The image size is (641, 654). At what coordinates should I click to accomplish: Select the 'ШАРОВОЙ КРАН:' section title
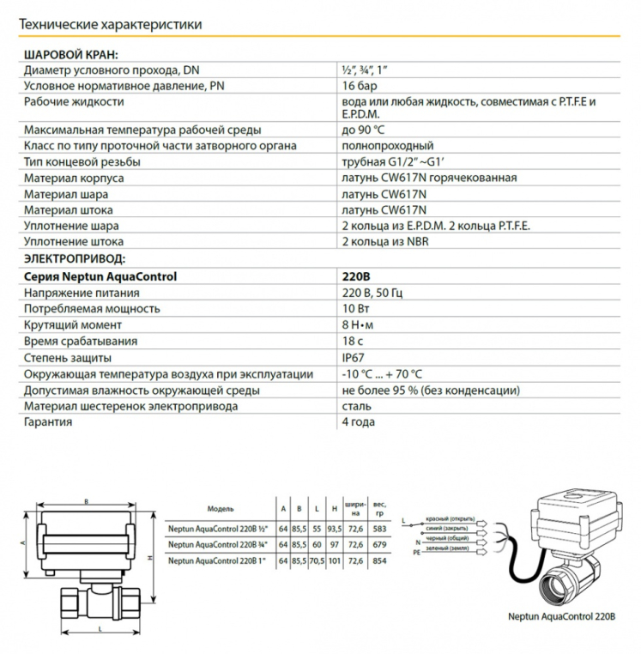(x=71, y=54)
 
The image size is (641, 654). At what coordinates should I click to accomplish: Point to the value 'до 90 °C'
(x=364, y=130)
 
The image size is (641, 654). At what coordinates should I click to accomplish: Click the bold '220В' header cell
(x=356, y=276)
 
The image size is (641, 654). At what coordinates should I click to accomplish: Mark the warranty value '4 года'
(x=359, y=421)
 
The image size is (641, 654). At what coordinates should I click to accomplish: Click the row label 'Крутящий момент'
(x=73, y=325)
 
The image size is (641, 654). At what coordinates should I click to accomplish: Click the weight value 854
(x=380, y=561)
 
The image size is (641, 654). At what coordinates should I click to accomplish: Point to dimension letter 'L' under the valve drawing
(x=101, y=630)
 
